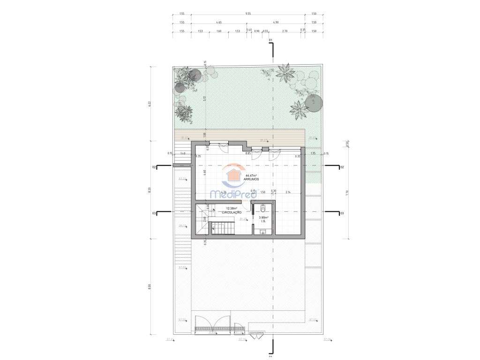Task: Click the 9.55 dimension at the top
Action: (247, 14)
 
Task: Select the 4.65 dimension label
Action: (219, 22)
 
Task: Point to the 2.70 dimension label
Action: (285, 31)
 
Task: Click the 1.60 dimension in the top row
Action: (218, 31)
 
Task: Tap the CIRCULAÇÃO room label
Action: (231, 212)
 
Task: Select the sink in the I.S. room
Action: (262, 232)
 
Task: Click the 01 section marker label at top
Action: (270, 41)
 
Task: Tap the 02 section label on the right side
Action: (342, 167)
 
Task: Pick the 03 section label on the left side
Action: (153, 213)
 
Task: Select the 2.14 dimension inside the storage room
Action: (287, 192)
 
